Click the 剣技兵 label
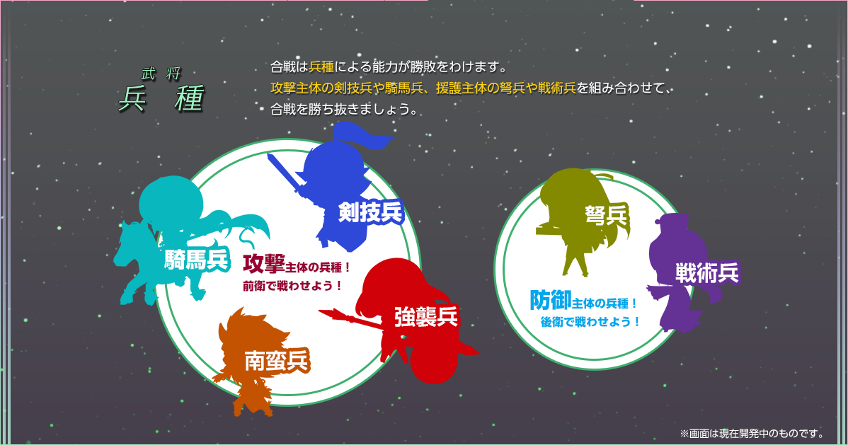371,212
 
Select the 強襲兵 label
426,316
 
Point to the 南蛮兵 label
276,361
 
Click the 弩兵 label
606,215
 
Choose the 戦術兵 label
707,273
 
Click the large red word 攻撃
263,264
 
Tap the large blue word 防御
551,300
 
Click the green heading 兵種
161,98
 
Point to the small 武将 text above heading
161,74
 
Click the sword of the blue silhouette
283,173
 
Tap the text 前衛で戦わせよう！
292,286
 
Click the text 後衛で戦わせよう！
590,322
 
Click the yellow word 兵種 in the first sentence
321,67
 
